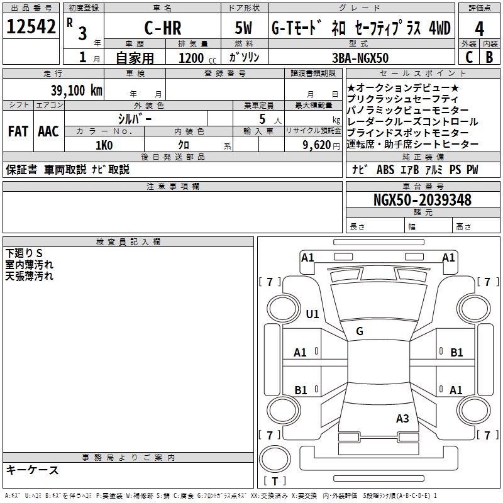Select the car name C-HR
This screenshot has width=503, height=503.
162,28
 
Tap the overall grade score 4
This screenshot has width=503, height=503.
479,29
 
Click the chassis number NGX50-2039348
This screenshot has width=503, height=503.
422,201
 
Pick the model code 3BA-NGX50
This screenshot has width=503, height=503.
360,58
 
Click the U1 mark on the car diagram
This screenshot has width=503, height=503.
312,314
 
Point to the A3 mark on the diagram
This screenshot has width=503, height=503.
402,418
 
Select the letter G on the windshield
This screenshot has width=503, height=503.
359,331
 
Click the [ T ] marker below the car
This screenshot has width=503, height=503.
275,482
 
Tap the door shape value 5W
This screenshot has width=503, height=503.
245,28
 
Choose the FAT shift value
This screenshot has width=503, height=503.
18,131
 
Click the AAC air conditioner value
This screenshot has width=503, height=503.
48,131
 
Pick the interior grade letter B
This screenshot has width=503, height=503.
489,57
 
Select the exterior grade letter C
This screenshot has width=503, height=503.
469,57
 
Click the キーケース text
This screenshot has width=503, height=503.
32,470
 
